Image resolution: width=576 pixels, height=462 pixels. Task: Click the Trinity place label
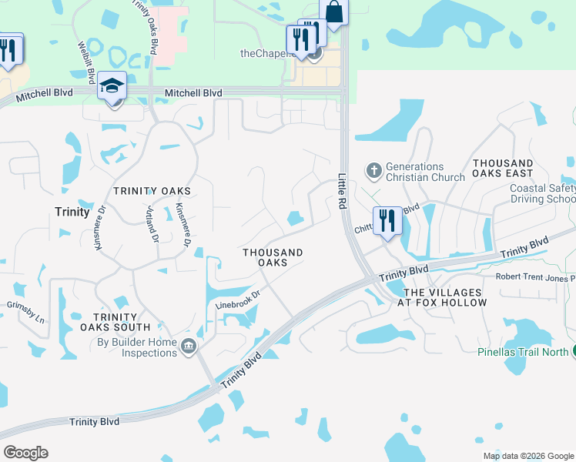tap(72, 211)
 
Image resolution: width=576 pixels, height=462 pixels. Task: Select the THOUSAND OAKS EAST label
tap(503, 169)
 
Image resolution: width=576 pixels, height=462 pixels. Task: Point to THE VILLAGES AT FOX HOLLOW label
tap(445, 298)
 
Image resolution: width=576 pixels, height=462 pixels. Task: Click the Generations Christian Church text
tap(425, 172)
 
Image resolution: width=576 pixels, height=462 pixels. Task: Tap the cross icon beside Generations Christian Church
tap(373, 170)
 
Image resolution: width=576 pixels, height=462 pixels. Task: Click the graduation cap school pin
tap(112, 87)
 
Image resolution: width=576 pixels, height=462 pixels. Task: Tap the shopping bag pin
tap(333, 13)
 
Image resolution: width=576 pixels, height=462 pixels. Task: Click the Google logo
tap(25, 453)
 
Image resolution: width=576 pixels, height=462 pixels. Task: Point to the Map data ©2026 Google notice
tap(528, 456)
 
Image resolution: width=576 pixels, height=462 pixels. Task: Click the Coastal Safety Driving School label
tap(542, 193)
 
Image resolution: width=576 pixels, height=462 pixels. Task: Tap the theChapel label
tap(266, 53)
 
